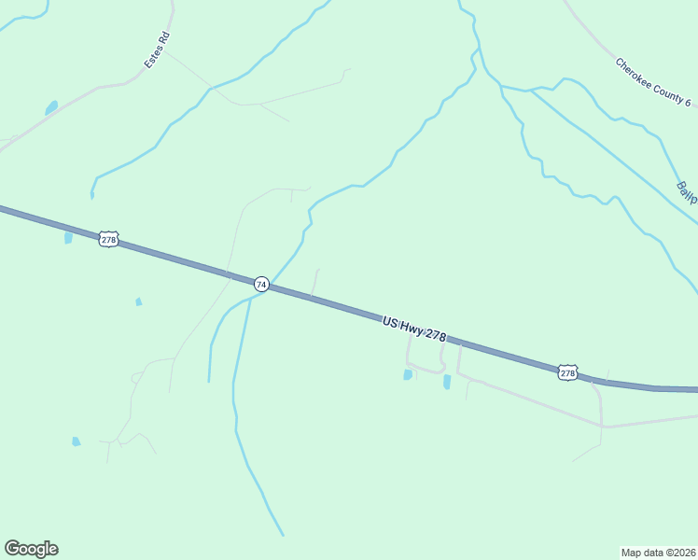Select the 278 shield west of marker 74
coord(108,240)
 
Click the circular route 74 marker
coord(262,284)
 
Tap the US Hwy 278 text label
coord(414,329)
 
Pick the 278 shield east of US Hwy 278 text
coord(567,372)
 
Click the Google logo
coord(31,549)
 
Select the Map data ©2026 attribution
coord(658,552)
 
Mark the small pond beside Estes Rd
coord(51,107)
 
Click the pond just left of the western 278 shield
coord(68,238)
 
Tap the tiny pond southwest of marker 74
coord(139,301)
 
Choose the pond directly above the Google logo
coord(76,441)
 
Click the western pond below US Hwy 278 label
coord(408,374)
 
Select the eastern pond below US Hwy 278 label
coord(447,381)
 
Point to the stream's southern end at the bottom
coord(283,535)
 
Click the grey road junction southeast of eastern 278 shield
coord(604,427)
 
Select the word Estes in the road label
coord(152,59)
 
